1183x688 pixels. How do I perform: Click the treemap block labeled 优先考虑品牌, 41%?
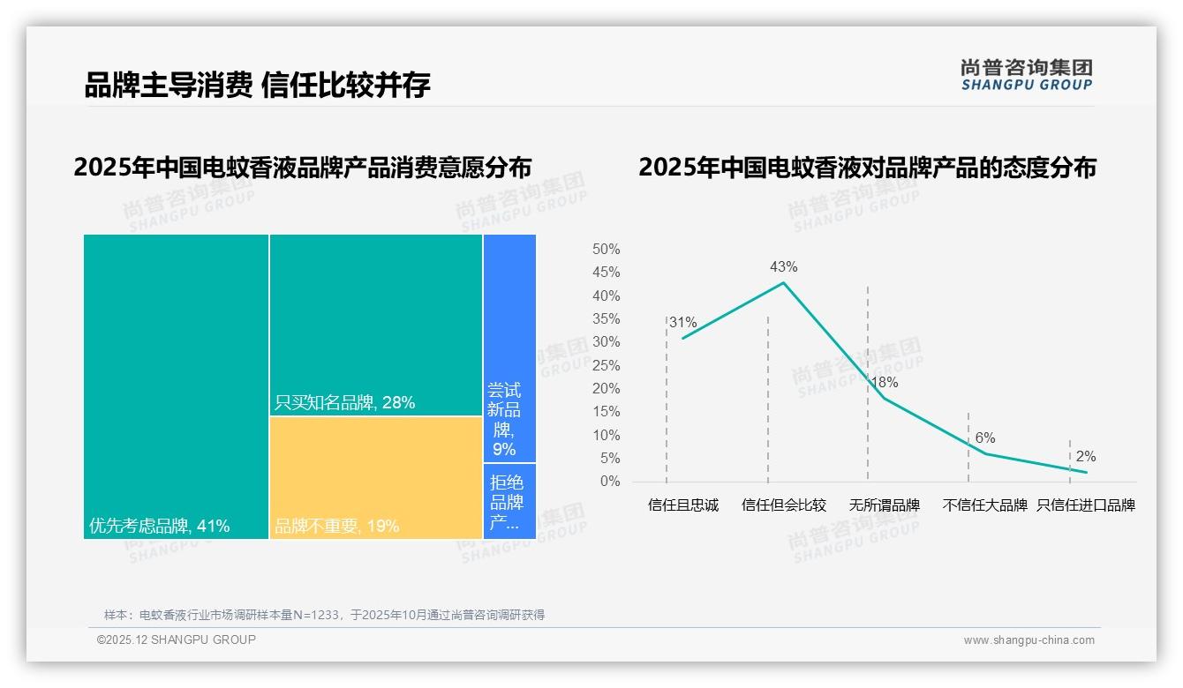(176, 386)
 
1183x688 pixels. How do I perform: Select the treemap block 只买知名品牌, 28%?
(376, 325)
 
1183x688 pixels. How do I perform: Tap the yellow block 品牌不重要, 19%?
(376, 477)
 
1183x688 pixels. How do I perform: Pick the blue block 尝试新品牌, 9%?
(509, 348)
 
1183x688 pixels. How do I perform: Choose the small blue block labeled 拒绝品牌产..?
(509, 501)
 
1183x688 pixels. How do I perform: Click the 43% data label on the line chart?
(783, 266)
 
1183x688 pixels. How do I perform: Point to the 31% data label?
(682, 322)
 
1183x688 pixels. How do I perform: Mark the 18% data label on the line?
(884, 382)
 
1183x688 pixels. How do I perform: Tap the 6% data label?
(984, 437)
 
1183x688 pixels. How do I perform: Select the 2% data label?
(1085, 456)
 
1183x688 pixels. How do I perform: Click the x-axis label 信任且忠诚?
(682, 505)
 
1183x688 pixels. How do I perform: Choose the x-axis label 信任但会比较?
(783, 505)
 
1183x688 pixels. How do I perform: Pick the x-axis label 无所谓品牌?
(884, 505)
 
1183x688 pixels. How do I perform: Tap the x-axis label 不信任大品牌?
(984, 505)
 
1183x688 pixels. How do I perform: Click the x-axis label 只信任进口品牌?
(1085, 505)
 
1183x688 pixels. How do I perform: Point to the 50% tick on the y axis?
(606, 250)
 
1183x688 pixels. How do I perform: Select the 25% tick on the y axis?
(606, 365)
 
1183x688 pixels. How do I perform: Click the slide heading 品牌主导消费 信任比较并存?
(257, 85)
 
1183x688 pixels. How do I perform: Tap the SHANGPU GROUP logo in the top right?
(1026, 75)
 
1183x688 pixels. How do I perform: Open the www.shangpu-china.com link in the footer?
(1029, 640)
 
